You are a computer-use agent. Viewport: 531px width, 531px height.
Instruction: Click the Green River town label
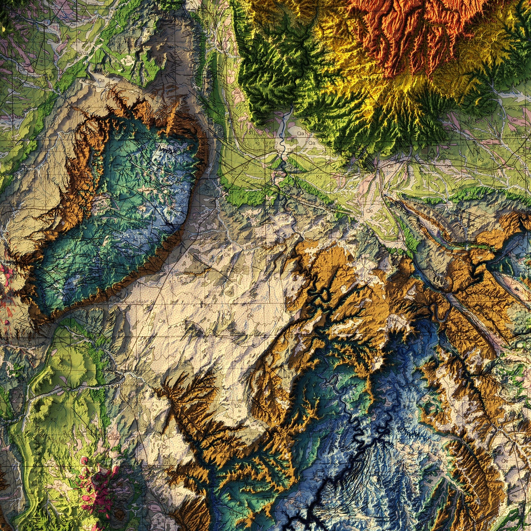point(271,144)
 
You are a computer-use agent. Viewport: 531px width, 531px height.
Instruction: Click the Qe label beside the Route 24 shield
point(161,320)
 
